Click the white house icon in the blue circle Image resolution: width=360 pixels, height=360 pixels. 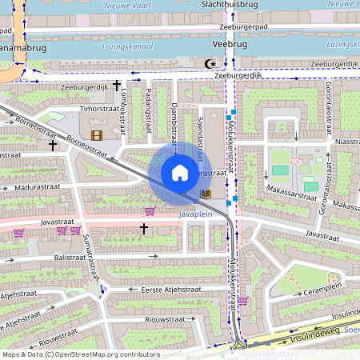180,173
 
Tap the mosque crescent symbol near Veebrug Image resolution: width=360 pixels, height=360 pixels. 212,63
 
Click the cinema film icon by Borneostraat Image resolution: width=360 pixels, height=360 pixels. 97,137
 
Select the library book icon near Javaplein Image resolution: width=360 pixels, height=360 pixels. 206,194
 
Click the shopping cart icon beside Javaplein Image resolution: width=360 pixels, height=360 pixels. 149,211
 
